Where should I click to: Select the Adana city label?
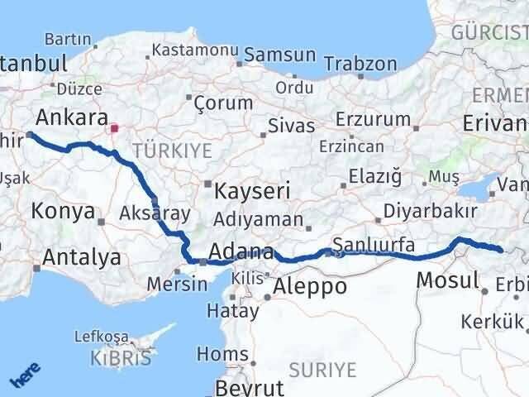242,251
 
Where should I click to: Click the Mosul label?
447,280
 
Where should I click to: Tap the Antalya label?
81,257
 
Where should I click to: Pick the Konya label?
63,211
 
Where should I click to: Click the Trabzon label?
360,64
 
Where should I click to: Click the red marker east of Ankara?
114,128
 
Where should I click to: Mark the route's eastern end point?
499,249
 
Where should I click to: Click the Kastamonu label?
193,52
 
